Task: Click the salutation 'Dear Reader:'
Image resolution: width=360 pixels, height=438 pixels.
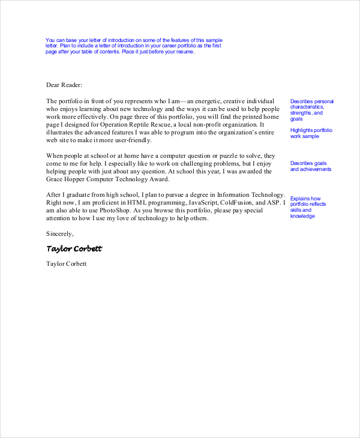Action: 64,85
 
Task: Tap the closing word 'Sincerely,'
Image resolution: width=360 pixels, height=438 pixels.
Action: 60,233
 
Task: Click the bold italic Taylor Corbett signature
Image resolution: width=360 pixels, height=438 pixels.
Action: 74,248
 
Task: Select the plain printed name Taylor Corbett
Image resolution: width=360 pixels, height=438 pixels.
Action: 66,264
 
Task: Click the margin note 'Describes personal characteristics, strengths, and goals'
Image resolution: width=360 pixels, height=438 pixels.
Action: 311,110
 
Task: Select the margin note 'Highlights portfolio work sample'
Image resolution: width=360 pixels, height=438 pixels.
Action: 311,133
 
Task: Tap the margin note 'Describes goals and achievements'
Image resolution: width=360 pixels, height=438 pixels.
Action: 310,166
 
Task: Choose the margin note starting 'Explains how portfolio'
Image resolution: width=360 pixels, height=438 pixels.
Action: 308,207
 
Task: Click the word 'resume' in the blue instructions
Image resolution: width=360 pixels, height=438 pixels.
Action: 185,52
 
